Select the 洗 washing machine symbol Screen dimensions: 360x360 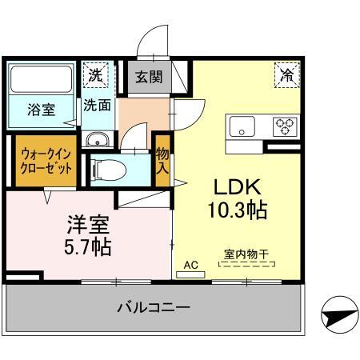click(96, 76)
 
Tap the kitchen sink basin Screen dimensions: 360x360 click(242, 126)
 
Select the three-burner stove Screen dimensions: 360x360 click(285, 126)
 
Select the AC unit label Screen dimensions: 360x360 click(190, 263)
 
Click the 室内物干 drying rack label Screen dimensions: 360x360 click(246, 255)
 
